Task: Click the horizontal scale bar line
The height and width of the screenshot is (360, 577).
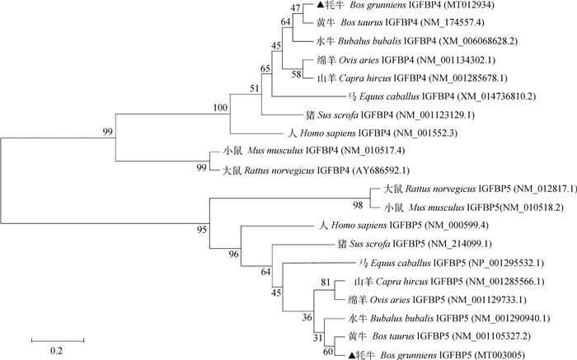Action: [x=56, y=338]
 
